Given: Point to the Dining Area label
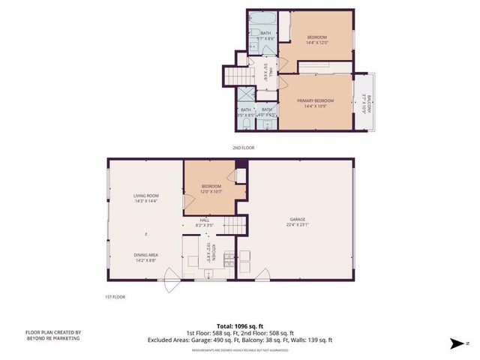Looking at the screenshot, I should click(145, 256).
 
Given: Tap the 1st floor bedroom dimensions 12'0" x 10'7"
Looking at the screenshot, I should click(211, 191).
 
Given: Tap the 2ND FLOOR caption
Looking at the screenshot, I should click(243, 148).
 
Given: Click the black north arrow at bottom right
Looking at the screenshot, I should click(454, 344).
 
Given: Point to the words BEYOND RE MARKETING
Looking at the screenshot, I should click(54, 338).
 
